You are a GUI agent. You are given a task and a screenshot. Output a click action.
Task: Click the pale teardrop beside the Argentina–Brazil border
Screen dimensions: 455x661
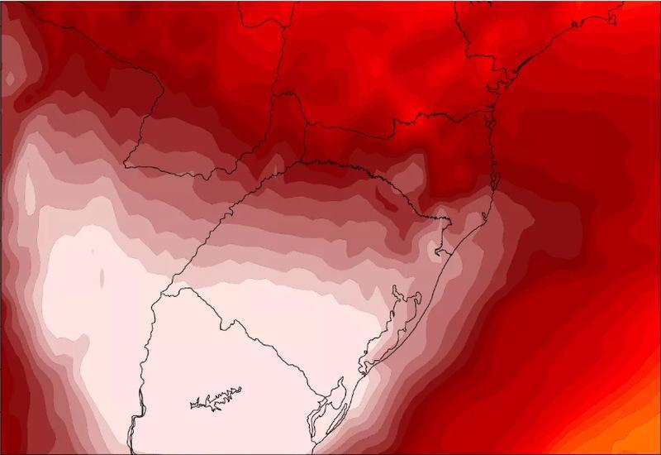29,192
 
